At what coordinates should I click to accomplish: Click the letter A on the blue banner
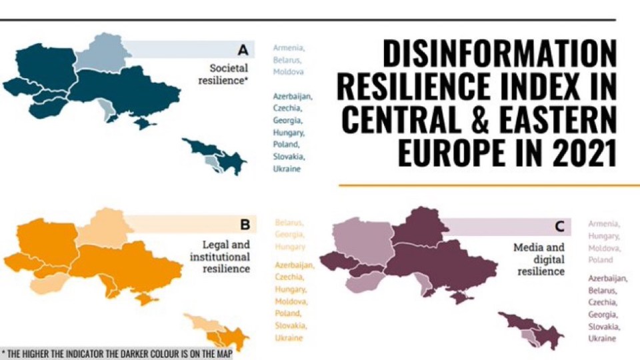coord(243,49)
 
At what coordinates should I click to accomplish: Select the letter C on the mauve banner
coord(559,227)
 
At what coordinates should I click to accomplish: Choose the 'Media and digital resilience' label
coord(539,259)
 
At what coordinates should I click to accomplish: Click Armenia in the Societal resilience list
coord(288,48)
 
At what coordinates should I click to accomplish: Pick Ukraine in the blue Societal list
coord(287,169)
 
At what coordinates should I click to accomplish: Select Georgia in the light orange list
coord(290,235)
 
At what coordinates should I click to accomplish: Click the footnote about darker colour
coord(117,354)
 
